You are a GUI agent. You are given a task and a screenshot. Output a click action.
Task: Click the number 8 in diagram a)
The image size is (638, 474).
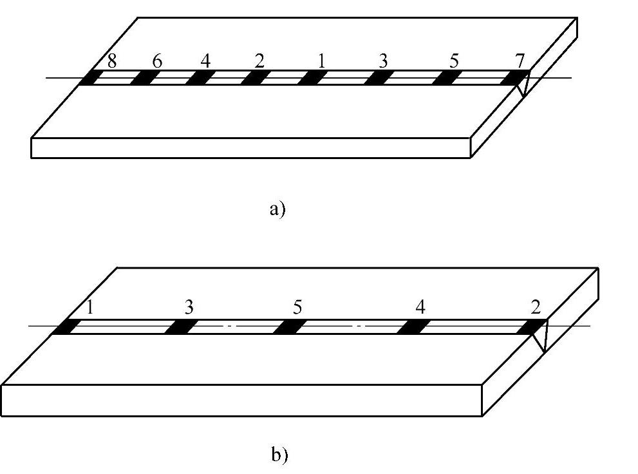coord(111,62)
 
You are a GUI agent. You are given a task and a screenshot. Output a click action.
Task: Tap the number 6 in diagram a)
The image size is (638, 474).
coord(156,62)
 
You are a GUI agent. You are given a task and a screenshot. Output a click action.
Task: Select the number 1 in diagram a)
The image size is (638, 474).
coord(321,62)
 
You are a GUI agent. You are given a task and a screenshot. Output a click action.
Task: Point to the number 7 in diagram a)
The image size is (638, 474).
coord(520,62)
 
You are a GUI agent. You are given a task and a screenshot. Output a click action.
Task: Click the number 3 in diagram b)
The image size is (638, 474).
coord(189,308)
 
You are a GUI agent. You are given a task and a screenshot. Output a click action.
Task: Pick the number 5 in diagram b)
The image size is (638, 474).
coord(297,308)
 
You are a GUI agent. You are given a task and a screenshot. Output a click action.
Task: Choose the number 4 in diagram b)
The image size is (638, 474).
coord(420,308)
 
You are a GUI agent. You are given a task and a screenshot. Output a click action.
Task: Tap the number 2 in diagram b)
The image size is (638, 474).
coord(536,308)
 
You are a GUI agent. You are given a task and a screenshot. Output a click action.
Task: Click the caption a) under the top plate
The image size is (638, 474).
coord(277,210)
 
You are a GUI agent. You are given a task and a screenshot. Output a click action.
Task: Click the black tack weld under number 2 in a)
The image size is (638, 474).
coord(256,78)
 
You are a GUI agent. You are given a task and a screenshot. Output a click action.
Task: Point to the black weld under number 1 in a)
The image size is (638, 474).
coord(312,78)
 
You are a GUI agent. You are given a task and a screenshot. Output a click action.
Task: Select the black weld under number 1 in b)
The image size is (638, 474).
coord(65,327)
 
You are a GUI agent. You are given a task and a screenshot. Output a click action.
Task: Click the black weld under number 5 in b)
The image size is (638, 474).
coord(288,327)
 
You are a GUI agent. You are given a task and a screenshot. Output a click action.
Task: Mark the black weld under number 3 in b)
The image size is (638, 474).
coord(178,327)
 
